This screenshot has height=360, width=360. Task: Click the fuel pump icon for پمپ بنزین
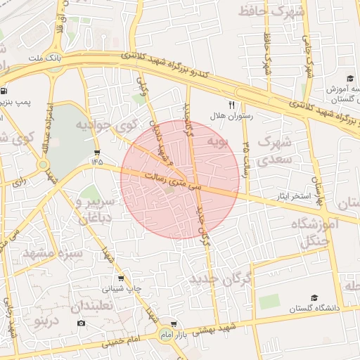click(x=5, y=91)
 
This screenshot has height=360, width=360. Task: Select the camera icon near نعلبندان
click(x=81, y=323)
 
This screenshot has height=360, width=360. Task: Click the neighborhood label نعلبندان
click(x=91, y=307)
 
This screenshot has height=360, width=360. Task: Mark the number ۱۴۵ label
click(x=96, y=162)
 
